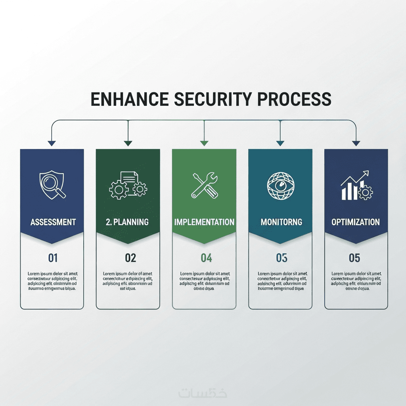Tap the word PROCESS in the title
tap(295, 99)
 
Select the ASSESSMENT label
tap(53, 222)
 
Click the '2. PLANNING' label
tap(127, 222)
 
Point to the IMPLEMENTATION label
tap(204, 222)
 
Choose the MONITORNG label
tap(281, 222)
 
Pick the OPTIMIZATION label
tap(356, 222)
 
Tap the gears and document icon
tap(128, 185)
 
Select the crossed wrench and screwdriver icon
tap(204, 185)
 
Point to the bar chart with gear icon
tap(356, 186)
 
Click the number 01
tap(53, 258)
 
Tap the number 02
tap(130, 258)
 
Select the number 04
tap(206, 258)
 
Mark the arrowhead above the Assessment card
tap(52, 143)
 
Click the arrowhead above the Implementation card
tap(204, 143)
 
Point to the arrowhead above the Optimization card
tap(356, 143)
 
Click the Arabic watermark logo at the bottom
tap(203, 393)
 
